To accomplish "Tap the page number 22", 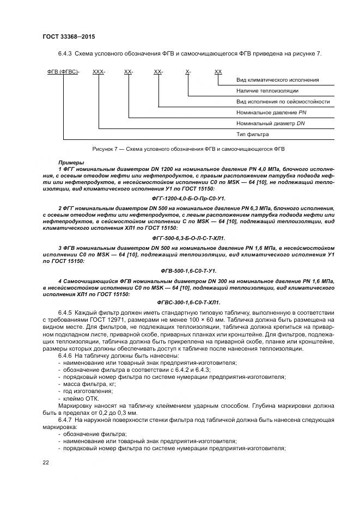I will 46,462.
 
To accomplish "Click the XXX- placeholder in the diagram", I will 99,72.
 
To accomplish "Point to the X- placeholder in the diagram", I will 188,72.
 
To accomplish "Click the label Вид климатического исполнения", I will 277,80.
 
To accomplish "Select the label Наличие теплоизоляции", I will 267,91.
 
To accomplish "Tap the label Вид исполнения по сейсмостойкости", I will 283,102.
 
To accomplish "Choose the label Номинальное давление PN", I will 268,113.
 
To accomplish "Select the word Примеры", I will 71,163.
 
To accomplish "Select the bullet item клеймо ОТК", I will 82,398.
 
